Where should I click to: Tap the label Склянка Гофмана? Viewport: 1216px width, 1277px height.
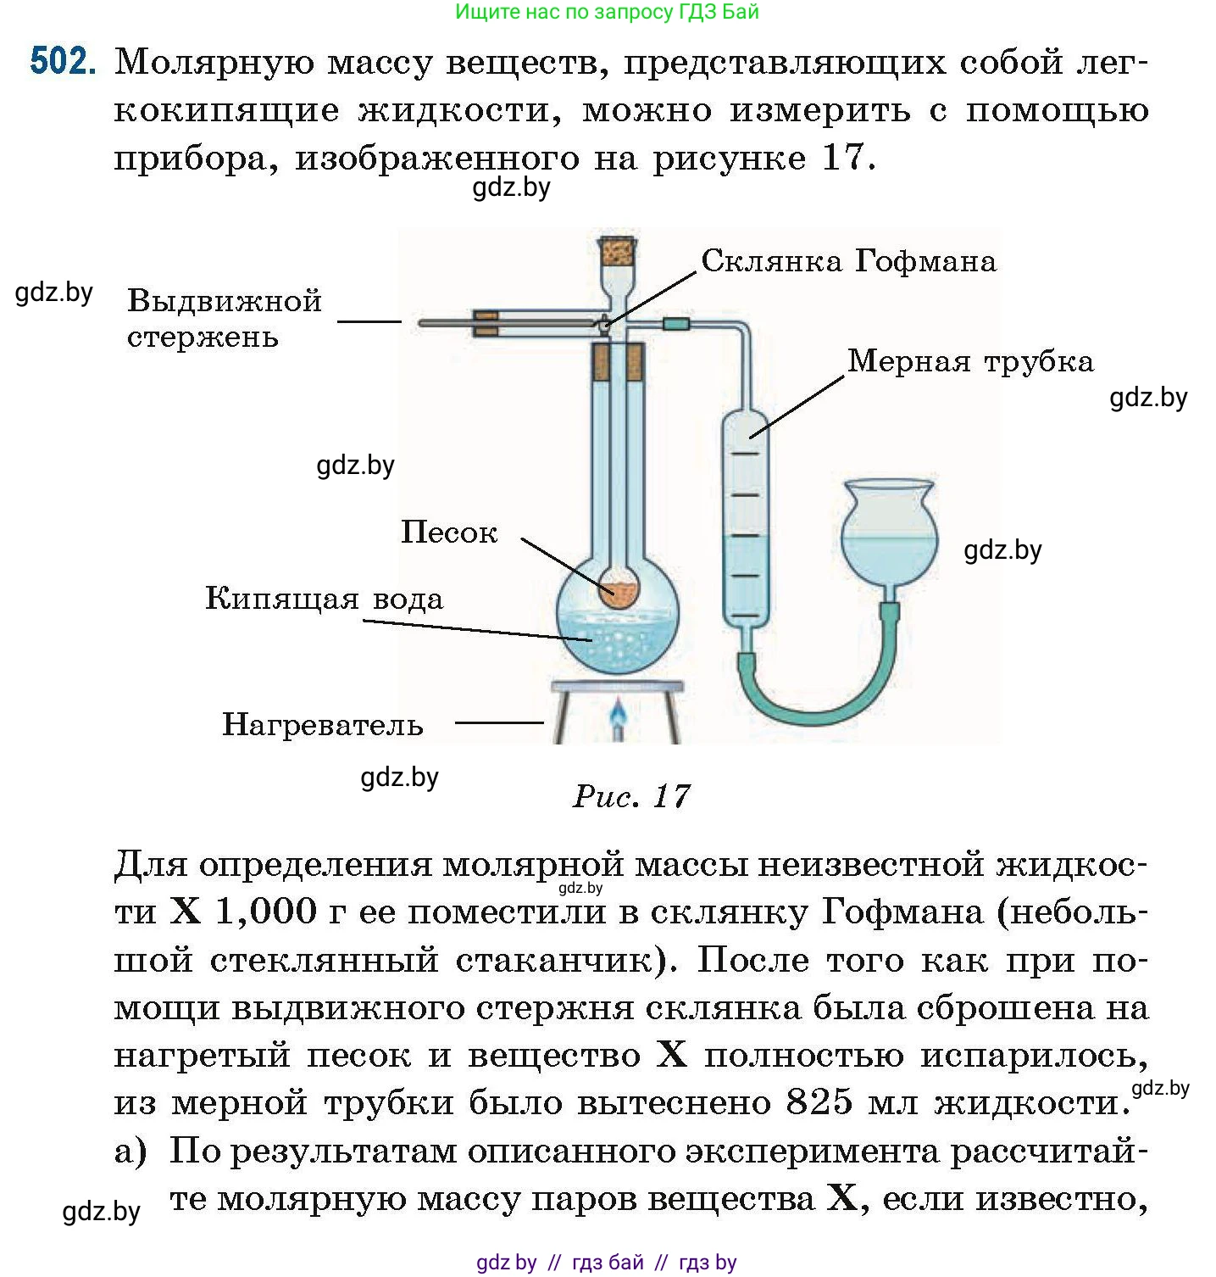coord(848,261)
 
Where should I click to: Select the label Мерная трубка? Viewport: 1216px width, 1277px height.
coord(970,362)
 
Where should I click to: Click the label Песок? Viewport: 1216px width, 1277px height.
coord(449,533)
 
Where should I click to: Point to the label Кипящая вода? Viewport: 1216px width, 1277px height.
coord(324,599)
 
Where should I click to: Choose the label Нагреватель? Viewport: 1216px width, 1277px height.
coord(322,725)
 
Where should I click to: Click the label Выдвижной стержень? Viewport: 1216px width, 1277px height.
coord(224,319)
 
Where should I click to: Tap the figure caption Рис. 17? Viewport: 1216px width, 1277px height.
coord(631,796)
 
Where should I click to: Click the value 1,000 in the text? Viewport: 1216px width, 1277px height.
coord(265,912)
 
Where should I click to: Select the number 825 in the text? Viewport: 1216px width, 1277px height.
coord(819,1102)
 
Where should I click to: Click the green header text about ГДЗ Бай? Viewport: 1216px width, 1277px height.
coord(607,12)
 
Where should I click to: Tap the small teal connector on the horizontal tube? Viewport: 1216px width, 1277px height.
coord(676,324)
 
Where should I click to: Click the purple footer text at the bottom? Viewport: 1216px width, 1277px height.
coord(607,1263)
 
